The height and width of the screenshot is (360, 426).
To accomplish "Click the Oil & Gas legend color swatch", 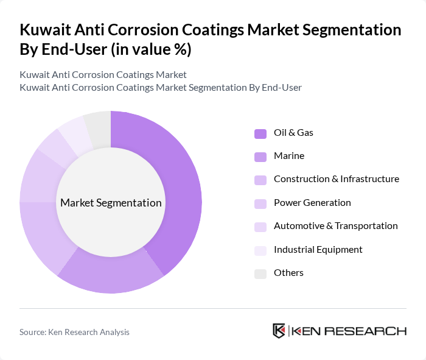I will click(x=260, y=133).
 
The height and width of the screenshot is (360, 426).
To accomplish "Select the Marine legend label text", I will click(x=288, y=156).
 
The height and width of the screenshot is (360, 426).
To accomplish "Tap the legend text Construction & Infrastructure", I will click(x=336, y=179).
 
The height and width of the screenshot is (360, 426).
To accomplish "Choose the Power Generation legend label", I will click(x=312, y=203).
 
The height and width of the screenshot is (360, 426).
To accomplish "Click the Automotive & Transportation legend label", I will click(x=335, y=226).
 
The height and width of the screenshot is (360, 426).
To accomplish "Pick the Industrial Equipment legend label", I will click(x=318, y=250).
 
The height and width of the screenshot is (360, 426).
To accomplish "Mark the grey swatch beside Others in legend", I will click(x=260, y=274).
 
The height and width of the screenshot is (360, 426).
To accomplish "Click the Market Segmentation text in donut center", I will click(x=111, y=203).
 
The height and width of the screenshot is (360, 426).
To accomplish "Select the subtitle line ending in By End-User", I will click(x=160, y=88).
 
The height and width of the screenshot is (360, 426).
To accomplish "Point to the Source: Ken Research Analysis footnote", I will click(x=74, y=332).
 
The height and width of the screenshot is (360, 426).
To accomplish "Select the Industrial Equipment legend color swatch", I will click(x=260, y=250).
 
